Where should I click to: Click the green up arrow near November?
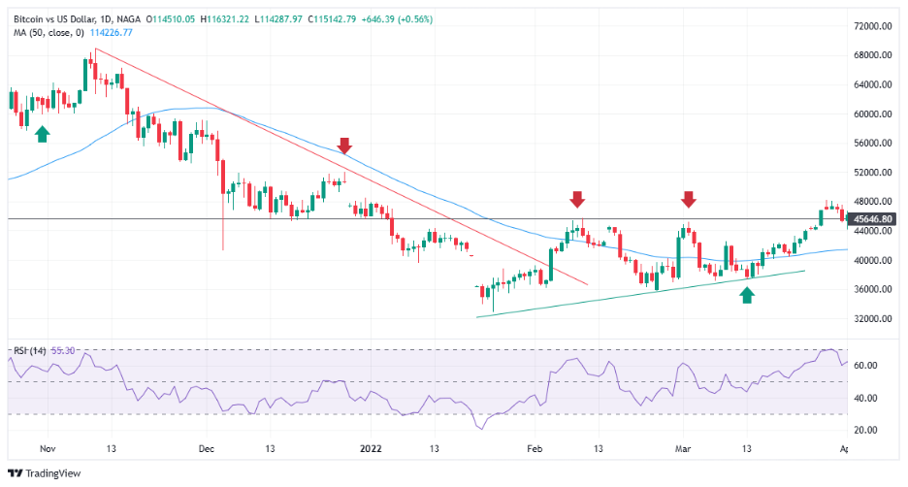(x=42, y=133)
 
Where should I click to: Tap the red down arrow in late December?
(x=343, y=146)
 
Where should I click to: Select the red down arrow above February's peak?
(x=577, y=199)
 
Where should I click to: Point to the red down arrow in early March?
(x=688, y=199)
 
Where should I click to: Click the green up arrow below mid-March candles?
(x=746, y=295)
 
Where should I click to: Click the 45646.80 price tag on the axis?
(x=873, y=219)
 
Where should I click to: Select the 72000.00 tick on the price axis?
(x=872, y=26)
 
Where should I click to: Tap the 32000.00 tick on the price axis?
(x=872, y=318)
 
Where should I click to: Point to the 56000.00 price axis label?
(x=872, y=143)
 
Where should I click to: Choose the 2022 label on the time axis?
(x=371, y=449)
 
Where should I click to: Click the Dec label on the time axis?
(x=206, y=449)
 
